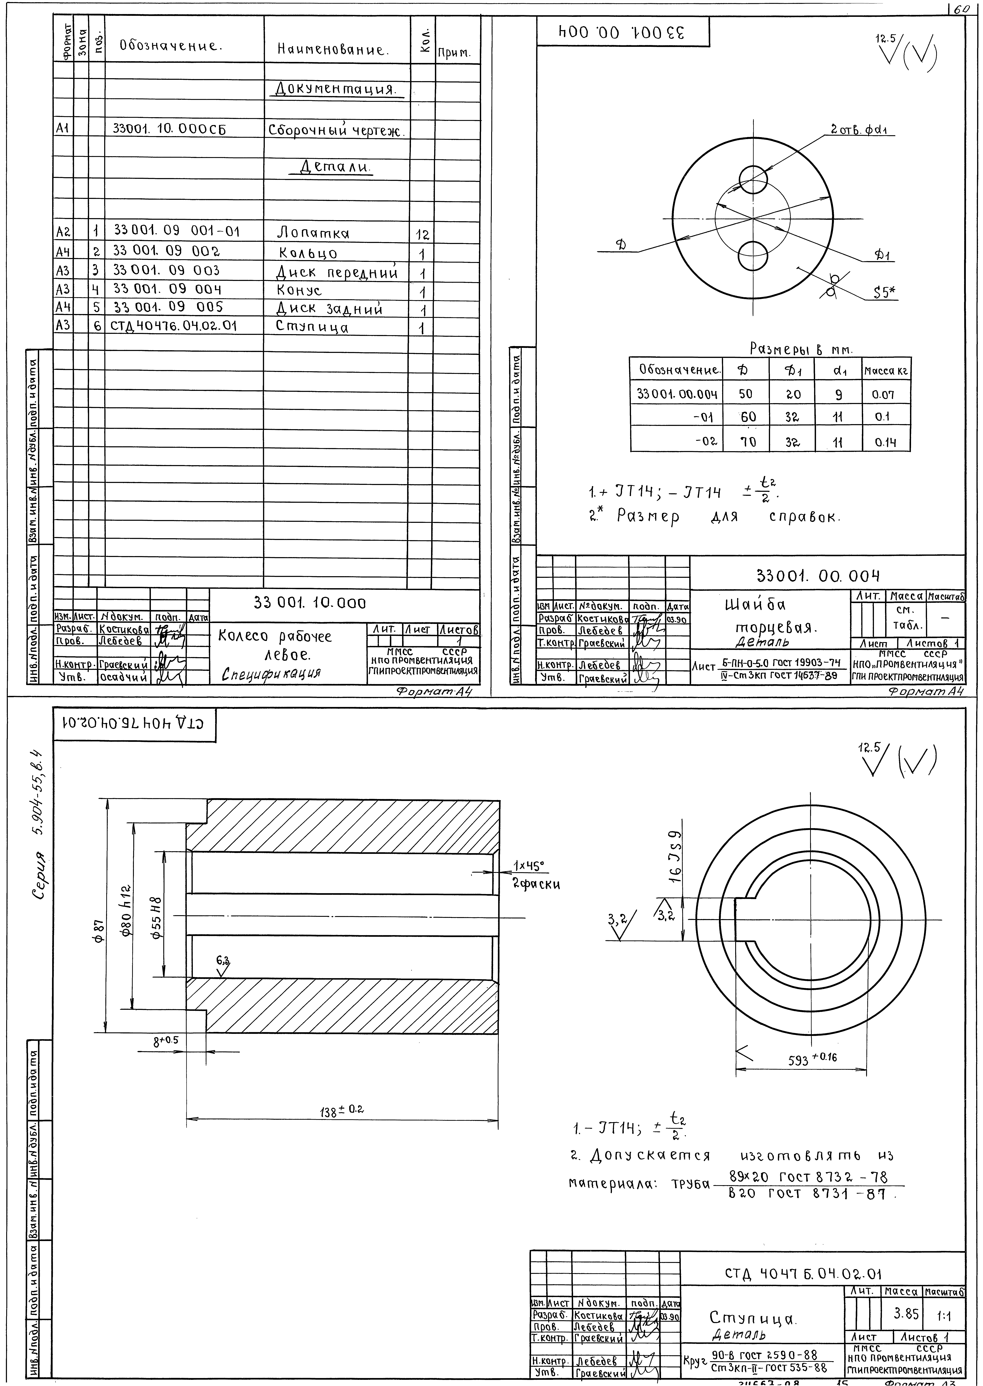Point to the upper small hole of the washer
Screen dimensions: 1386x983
[x=754, y=179]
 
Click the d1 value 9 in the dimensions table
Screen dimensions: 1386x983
[x=838, y=395]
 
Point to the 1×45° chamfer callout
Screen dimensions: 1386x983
[x=530, y=866]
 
